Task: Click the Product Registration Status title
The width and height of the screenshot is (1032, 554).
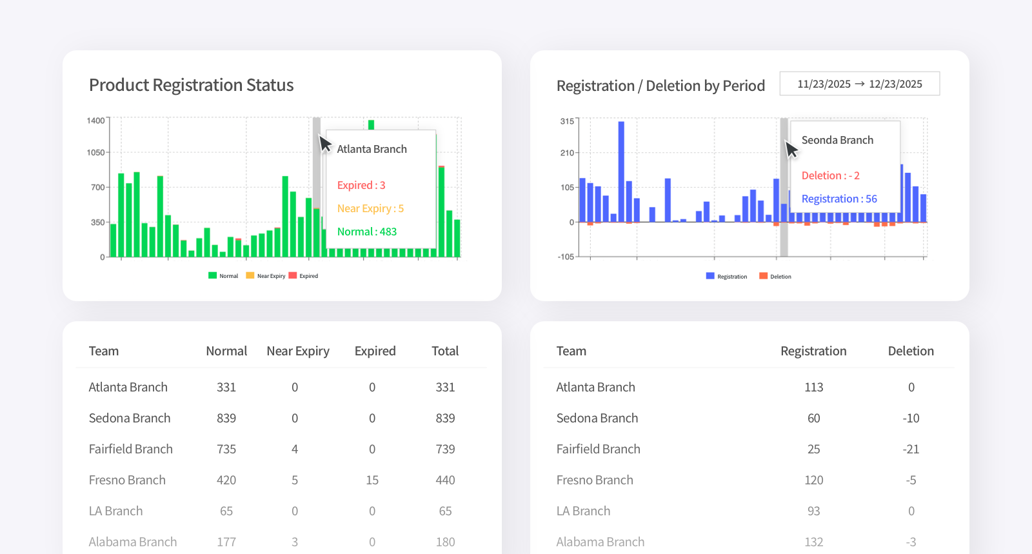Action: click(x=191, y=85)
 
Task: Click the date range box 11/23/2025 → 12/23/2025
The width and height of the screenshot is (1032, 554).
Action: click(x=859, y=84)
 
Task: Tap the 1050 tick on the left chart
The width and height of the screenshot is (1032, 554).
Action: click(x=95, y=153)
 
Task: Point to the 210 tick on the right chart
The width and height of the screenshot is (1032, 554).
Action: click(x=567, y=153)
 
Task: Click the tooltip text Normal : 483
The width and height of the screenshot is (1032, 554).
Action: click(x=366, y=232)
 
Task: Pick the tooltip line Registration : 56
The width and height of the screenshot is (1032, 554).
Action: click(x=838, y=199)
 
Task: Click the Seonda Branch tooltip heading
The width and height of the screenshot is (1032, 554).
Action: click(x=837, y=140)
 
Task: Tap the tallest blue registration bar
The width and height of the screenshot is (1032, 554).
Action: click(x=621, y=171)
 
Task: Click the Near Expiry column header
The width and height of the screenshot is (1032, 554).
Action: click(x=297, y=351)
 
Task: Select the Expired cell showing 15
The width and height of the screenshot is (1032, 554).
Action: click(x=372, y=480)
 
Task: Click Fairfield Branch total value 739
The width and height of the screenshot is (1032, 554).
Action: click(x=445, y=449)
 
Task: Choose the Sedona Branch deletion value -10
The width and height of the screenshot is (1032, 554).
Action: click(x=910, y=418)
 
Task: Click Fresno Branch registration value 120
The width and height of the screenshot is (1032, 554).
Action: click(x=813, y=480)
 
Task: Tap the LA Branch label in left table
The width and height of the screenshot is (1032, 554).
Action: click(x=115, y=511)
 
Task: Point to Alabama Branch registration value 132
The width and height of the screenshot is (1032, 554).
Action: click(x=813, y=542)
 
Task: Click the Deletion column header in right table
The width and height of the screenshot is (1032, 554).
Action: click(x=910, y=351)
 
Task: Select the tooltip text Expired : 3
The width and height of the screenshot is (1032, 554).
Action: click(x=361, y=185)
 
